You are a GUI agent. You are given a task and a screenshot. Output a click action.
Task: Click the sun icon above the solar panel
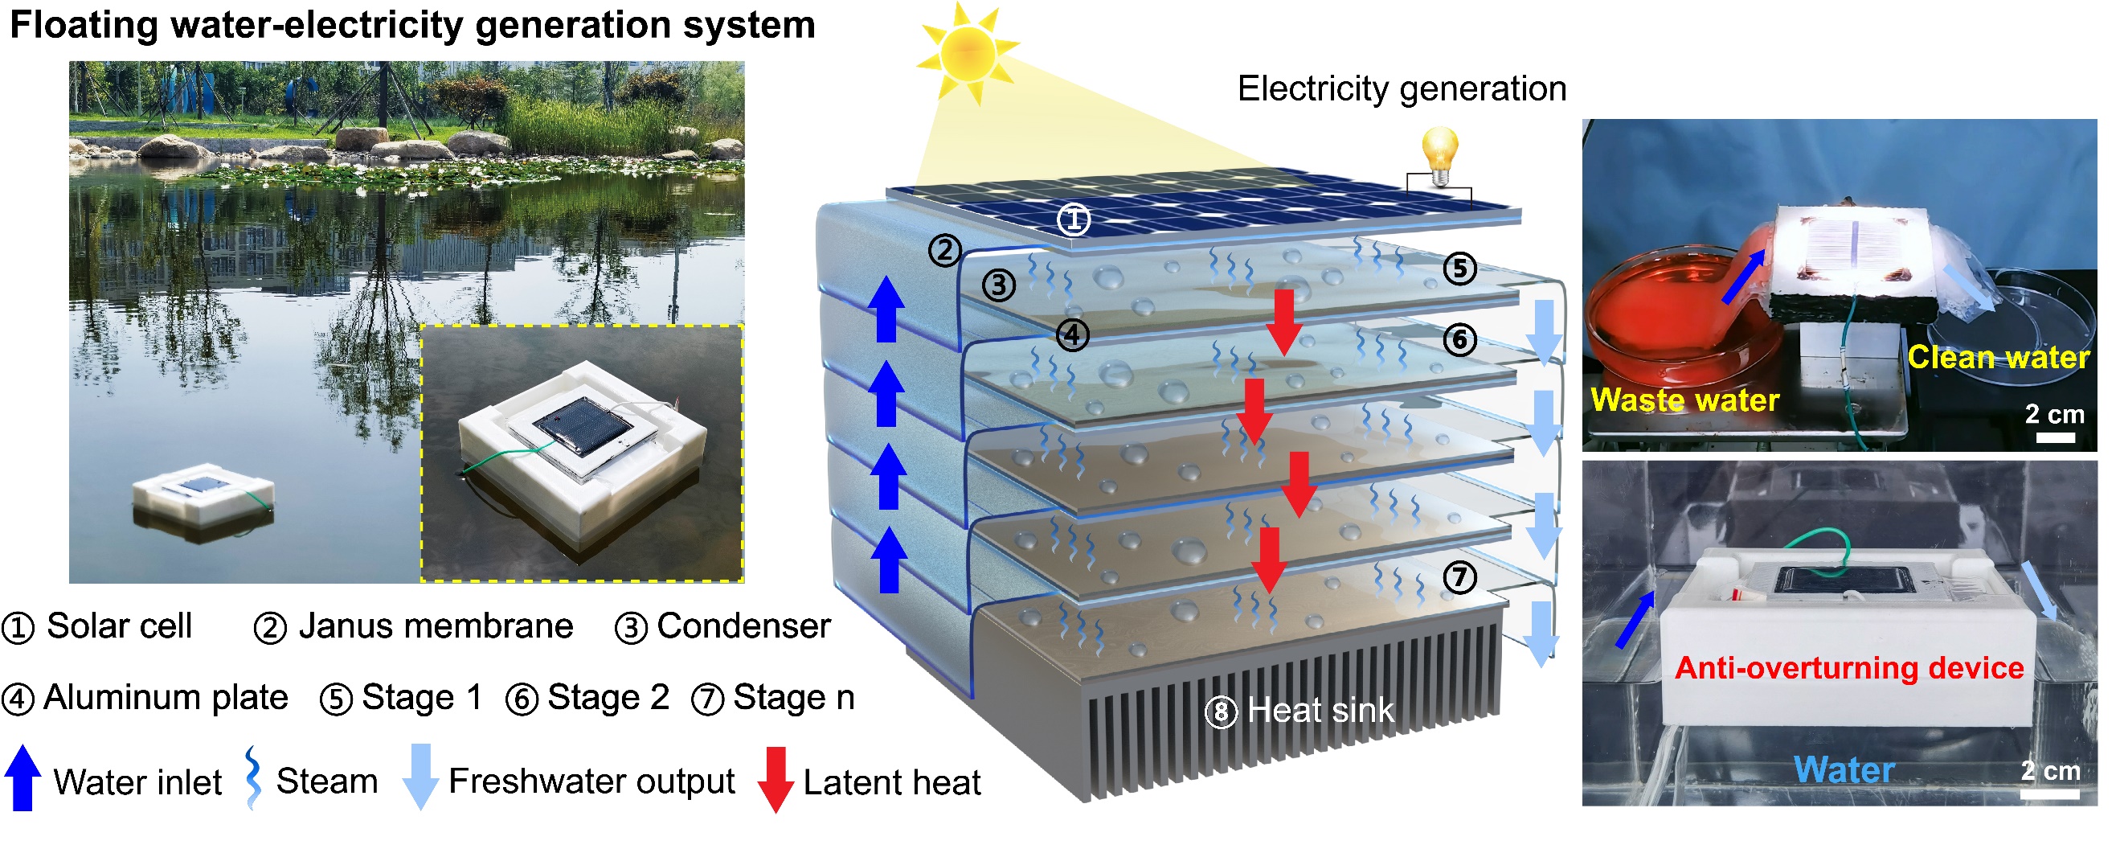coord(968,53)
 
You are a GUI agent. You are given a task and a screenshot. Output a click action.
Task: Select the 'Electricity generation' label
coord(1402,89)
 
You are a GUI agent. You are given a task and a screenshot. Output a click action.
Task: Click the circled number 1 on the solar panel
coord(1073,219)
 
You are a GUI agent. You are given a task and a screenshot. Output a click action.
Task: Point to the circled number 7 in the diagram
coord(1459,576)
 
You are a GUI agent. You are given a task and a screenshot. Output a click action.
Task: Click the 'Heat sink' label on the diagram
coord(1320,711)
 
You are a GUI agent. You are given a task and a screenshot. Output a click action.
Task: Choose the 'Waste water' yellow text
coord(1684,400)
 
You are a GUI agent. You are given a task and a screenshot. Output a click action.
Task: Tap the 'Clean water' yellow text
coord(1998,358)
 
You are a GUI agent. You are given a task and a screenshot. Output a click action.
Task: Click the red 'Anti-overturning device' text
coord(1849,668)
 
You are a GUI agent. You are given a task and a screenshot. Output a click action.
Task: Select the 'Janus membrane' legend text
coord(436,626)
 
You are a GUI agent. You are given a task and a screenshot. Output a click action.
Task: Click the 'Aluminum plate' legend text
coord(166,699)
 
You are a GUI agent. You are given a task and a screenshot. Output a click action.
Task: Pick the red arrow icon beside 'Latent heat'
coord(776,780)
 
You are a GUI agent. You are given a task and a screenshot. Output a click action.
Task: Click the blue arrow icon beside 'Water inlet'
coord(23,778)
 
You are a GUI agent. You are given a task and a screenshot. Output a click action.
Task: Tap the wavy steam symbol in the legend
coord(253,777)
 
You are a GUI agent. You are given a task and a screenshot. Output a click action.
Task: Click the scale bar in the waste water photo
coord(2055,437)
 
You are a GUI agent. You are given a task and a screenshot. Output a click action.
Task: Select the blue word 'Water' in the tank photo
coord(1844,771)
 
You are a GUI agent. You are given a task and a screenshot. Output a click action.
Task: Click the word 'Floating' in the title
coord(82,26)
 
